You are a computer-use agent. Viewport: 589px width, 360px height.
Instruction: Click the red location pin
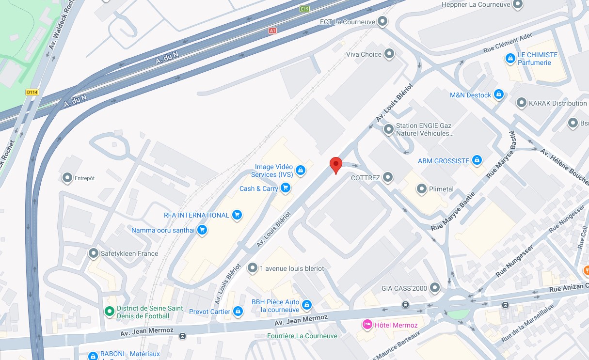[335, 164]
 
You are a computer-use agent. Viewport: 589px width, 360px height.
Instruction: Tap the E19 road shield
[304, 9]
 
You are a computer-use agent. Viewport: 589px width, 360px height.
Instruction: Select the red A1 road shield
[273, 31]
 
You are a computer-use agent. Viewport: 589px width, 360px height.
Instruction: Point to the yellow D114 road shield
[32, 92]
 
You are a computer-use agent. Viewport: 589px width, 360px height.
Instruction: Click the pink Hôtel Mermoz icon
[367, 324]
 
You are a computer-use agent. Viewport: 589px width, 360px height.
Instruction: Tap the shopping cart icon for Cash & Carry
[286, 188]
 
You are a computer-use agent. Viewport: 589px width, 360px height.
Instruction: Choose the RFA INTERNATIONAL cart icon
[237, 215]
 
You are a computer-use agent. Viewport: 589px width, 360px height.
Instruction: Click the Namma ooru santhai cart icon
[202, 230]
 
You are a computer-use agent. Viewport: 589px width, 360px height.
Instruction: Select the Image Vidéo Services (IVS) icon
[301, 170]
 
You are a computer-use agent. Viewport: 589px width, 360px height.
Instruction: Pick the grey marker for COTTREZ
[388, 178]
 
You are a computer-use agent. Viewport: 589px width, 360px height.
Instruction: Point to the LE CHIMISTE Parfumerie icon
[510, 59]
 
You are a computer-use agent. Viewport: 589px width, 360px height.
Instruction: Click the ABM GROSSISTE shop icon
[477, 160]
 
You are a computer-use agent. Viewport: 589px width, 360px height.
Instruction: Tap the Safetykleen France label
[129, 253]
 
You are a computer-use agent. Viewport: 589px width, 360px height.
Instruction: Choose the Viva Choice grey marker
[389, 54]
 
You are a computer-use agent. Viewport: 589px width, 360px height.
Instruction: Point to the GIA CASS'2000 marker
[435, 288]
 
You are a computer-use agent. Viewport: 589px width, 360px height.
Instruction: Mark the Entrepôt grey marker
[67, 178]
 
